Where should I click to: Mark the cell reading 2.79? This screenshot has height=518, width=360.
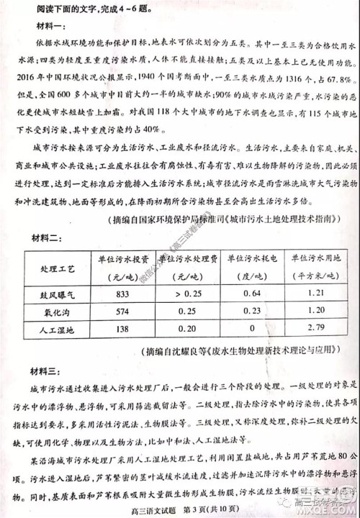pyautogui.click(x=314, y=328)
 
